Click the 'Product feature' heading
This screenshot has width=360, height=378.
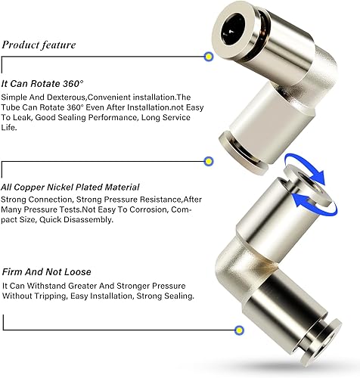[39, 45]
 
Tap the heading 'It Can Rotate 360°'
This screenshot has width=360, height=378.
[42, 84]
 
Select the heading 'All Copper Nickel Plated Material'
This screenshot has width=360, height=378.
[70, 187]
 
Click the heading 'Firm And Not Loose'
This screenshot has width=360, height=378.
[47, 272]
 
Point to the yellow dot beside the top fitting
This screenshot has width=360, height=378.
[208, 57]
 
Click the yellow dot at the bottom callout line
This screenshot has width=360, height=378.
[239, 330]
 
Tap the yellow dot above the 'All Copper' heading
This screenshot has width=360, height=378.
[208, 161]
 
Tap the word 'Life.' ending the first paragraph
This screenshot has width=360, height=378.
[9, 128]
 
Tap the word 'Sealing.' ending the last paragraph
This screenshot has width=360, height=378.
[179, 296]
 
